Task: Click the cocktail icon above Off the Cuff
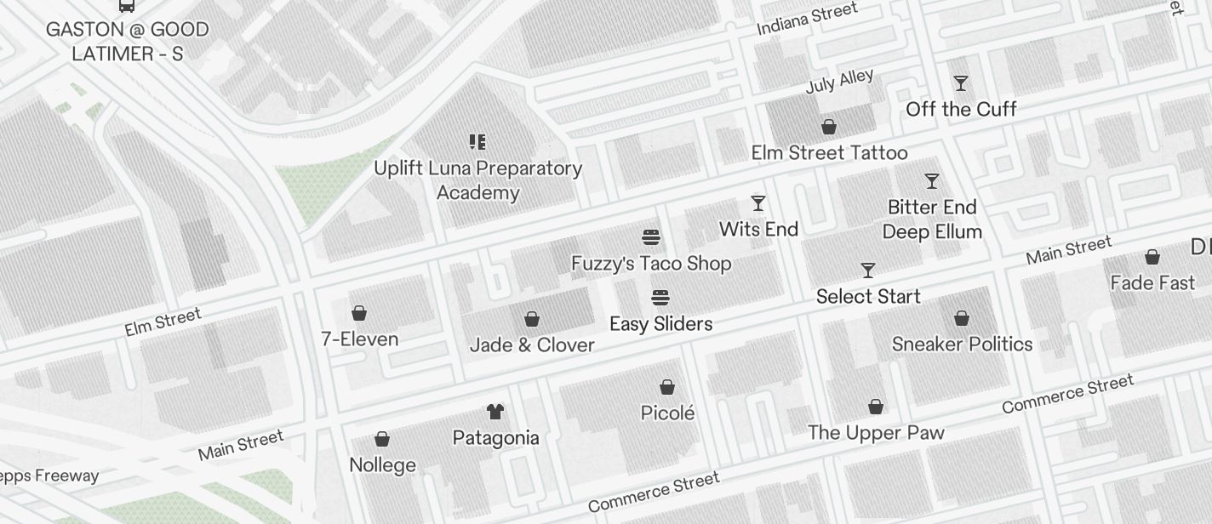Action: coord(961,83)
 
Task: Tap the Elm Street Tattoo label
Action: coord(829,153)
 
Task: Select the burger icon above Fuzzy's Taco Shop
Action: coord(651,237)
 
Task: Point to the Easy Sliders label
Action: coord(660,324)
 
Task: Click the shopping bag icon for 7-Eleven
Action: coord(359,314)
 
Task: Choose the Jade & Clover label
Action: coord(532,345)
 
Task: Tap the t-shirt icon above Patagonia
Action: coord(495,412)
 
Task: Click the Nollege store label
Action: coord(382,465)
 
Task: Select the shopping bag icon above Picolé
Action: coord(668,388)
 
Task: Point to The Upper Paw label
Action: coord(876,433)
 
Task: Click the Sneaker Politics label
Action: coord(962,345)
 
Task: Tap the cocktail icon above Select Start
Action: coord(868,271)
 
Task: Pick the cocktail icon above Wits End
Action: coord(758,203)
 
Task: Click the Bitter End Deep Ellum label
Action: coord(932,219)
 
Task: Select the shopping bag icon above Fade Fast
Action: coord(1152,257)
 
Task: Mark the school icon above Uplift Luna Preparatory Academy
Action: coord(477,142)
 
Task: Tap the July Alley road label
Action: coord(839,82)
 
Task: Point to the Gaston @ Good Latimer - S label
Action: coord(127,42)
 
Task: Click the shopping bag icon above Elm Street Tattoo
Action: coord(829,128)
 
